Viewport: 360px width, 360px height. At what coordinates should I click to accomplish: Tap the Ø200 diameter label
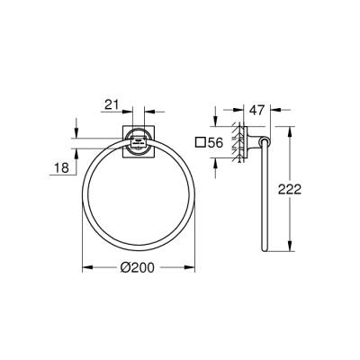pyautogui.click(x=139, y=267)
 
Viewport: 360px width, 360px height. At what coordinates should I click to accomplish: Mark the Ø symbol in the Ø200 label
pyautogui.click(x=125, y=267)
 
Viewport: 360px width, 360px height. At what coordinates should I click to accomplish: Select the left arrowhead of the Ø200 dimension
pyautogui.click(x=85, y=268)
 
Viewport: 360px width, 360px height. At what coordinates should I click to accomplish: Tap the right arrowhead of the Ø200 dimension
pyautogui.click(x=193, y=268)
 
